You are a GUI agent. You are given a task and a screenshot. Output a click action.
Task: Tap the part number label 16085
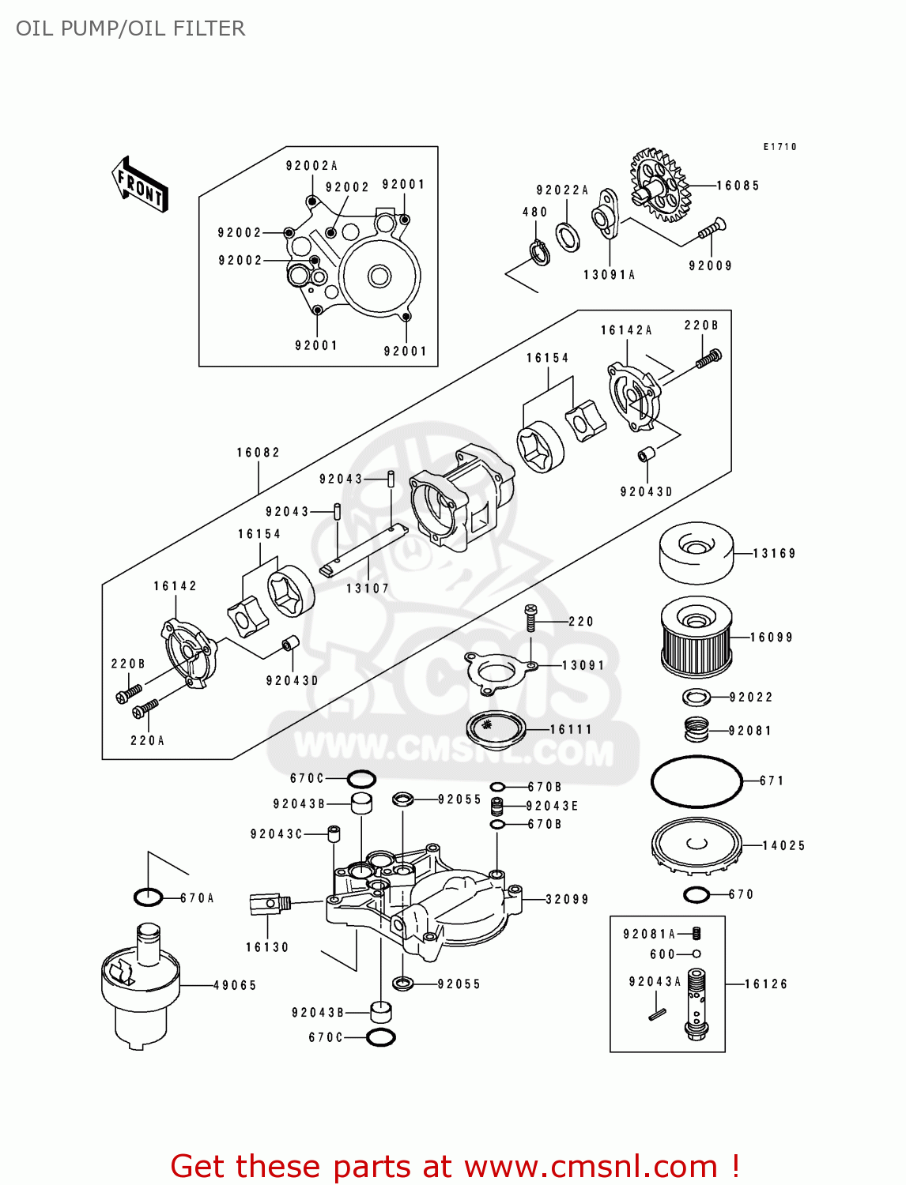coord(738,186)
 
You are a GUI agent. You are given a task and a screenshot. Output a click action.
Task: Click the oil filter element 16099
coord(696,637)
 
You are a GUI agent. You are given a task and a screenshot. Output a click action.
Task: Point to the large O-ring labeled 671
coord(696,781)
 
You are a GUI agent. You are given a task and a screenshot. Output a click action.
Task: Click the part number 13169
coord(774,554)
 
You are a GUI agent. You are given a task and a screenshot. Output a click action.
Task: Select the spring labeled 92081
coord(696,729)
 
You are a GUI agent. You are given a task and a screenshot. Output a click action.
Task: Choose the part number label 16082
coord(259,453)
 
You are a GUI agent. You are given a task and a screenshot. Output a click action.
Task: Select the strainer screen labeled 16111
coord(496,728)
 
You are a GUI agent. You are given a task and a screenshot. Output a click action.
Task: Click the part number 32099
coord(567,899)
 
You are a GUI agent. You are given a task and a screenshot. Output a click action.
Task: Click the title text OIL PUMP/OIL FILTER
coord(130,28)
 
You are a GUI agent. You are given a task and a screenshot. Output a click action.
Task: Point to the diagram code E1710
coord(780,147)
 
